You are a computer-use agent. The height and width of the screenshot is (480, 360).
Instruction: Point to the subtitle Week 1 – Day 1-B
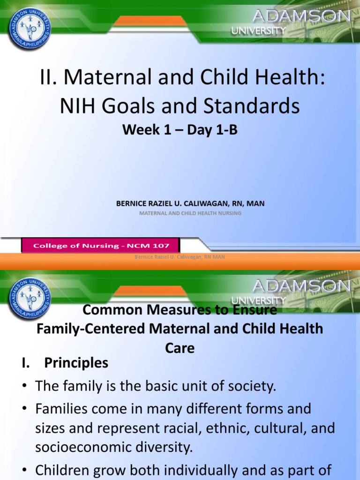pyautogui.click(x=180, y=130)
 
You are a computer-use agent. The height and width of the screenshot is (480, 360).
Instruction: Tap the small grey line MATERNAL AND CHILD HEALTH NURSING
pyautogui.click(x=190, y=213)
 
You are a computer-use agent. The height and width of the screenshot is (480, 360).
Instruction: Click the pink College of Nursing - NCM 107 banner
pyautogui.click(x=100, y=245)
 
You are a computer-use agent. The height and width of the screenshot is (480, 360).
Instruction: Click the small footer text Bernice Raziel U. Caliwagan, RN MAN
pyautogui.click(x=180, y=256)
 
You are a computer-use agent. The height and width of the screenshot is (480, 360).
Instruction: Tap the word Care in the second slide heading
pyautogui.click(x=180, y=348)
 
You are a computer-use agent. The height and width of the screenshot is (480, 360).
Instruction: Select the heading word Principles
pyautogui.click(x=76, y=363)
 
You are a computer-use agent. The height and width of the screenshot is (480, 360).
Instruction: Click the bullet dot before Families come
pyautogui.click(x=24, y=409)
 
